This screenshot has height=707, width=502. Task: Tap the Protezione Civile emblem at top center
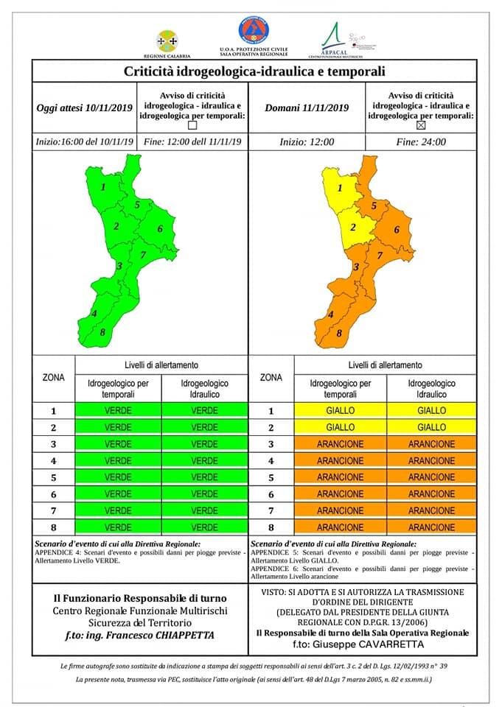tap(253, 31)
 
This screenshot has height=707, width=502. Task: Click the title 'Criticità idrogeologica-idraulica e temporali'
tap(254, 71)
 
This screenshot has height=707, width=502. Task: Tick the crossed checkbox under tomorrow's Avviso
tap(421, 125)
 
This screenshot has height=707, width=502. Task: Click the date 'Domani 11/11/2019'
tap(307, 108)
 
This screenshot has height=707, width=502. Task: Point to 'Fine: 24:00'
tap(421, 142)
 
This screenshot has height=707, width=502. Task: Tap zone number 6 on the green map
tap(159, 228)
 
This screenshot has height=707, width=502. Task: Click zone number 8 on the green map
tap(102, 332)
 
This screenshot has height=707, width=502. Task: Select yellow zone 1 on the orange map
tap(339, 189)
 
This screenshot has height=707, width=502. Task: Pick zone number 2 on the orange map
tap(352, 227)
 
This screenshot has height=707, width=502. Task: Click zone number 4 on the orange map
tap(330, 314)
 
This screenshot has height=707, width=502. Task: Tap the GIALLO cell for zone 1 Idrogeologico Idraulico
tap(431, 410)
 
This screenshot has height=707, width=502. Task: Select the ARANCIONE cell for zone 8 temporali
tap(340, 527)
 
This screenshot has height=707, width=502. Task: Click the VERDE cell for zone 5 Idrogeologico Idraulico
tap(204, 477)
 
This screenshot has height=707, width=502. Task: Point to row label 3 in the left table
tap(52, 444)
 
